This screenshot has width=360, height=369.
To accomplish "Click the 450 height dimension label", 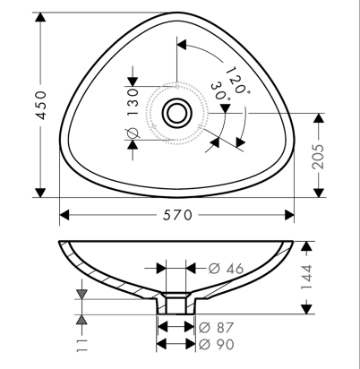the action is coord(40,105).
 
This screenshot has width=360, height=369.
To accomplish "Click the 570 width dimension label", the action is coord(177,215).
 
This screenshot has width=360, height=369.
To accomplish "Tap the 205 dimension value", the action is coord(319,157).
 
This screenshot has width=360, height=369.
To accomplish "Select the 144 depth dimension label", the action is coord(306,277).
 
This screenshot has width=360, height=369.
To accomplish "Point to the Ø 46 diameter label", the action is coord(226,269).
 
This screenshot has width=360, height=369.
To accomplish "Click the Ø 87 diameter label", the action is coord(216,328).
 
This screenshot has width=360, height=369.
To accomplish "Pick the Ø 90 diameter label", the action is coord(217,344).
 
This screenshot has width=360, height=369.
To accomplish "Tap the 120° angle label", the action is coord(237,81).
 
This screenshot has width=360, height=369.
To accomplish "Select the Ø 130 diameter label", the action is coord(133,114).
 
